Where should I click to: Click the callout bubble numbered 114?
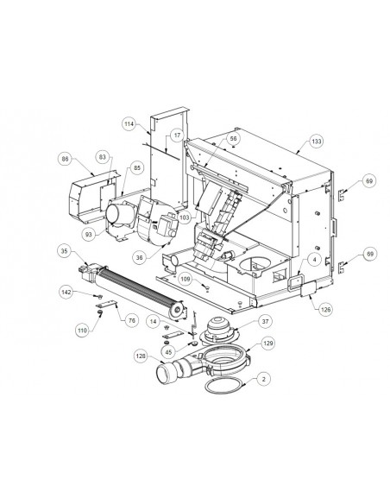(129, 124)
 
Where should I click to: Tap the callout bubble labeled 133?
(317, 142)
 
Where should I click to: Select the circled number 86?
(66, 159)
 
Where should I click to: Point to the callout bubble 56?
(234, 139)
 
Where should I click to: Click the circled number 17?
(178, 135)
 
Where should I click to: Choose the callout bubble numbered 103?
(185, 217)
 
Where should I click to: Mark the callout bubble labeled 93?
(89, 235)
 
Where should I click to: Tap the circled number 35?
(65, 251)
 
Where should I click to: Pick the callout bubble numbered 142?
(66, 293)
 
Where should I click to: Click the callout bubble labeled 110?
(82, 331)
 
